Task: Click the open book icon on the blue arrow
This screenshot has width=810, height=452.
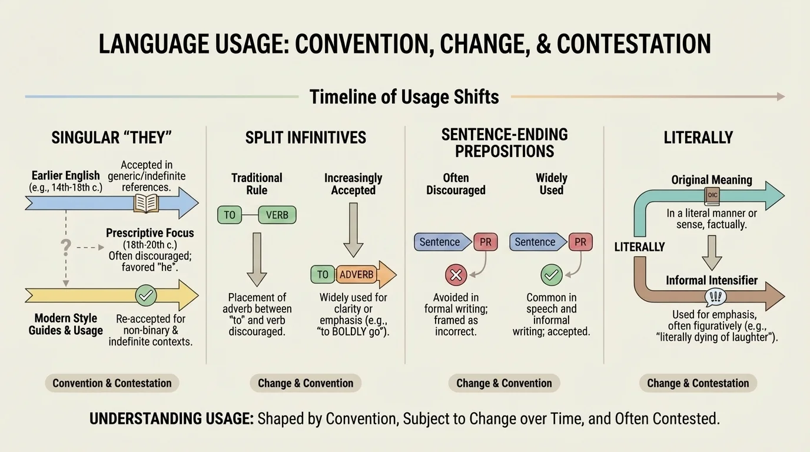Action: pos(146,204)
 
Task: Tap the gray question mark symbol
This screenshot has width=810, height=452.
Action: pos(66,247)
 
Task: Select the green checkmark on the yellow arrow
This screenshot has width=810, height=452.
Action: pos(145,295)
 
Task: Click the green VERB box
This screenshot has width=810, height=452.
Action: pos(277,215)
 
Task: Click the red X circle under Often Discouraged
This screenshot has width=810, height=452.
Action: pos(457,274)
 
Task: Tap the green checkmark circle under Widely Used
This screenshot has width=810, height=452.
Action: pos(551,274)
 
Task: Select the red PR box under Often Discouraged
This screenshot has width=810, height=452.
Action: pos(486,242)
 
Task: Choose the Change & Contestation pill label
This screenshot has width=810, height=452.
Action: pos(698,383)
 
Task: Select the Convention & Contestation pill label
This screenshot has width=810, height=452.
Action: pos(112,383)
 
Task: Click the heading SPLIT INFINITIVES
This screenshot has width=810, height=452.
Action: pos(306,138)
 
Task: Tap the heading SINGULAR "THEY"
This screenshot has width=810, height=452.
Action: pos(112,138)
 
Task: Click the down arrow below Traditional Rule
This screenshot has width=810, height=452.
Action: pos(256,258)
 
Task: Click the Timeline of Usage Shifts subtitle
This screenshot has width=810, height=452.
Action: pos(404,97)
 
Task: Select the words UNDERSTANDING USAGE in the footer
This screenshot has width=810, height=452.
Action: pos(171,419)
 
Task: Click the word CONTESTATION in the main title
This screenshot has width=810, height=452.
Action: pos(633,44)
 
